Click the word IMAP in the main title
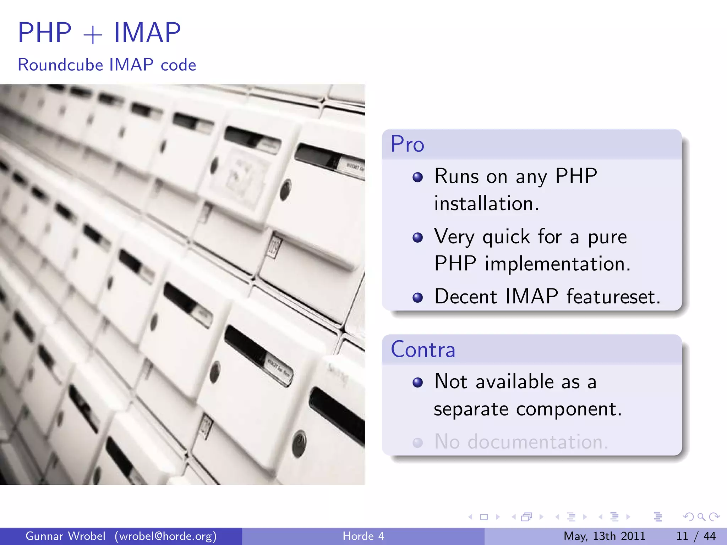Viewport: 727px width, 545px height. [x=147, y=33]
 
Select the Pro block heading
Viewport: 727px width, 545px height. [x=408, y=144]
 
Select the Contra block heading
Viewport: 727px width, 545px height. [x=423, y=349]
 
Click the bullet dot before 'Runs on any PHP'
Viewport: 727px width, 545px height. [x=418, y=177]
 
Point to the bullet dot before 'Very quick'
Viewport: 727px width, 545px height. [x=418, y=237]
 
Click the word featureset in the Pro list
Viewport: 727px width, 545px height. [x=613, y=297]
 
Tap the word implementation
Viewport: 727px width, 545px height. [x=557, y=264]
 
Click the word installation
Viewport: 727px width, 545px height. [x=486, y=204]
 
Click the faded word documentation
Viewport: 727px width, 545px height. [x=537, y=442]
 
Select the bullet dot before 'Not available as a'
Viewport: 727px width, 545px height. [x=418, y=382]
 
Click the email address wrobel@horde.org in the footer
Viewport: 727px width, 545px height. [x=165, y=536]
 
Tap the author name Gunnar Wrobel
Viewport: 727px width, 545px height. [x=65, y=536]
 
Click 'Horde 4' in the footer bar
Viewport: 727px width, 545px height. [x=363, y=536]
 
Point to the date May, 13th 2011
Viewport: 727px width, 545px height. [x=604, y=536]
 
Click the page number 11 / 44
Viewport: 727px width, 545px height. [x=696, y=536]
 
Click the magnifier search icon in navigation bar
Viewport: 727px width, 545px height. [x=701, y=517]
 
